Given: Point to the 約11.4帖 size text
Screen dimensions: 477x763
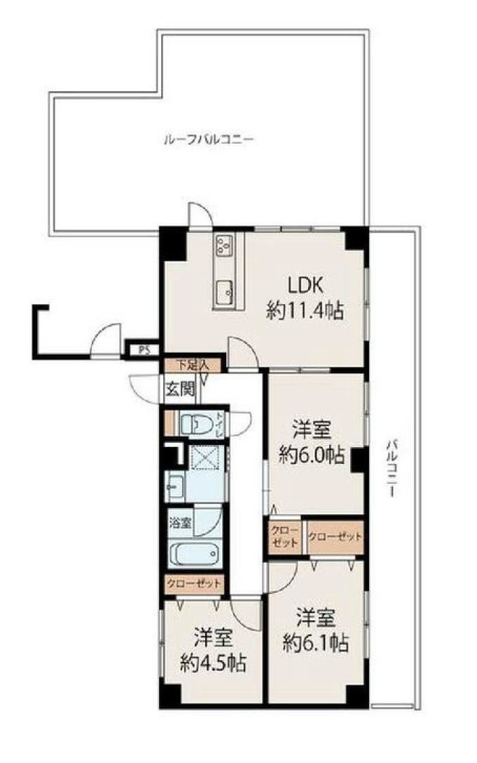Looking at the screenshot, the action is [305, 310].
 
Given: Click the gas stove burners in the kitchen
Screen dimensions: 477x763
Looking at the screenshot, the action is [224, 245].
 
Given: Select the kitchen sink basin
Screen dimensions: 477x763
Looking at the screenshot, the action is [224, 291].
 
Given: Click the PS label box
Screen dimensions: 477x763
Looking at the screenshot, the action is [142, 350].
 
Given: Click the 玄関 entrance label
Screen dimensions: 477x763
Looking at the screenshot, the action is [181, 389].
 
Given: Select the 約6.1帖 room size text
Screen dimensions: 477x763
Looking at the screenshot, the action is [316, 643].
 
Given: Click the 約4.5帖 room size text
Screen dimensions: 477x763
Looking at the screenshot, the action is [213, 663].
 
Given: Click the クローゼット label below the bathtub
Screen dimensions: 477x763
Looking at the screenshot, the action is [194, 583].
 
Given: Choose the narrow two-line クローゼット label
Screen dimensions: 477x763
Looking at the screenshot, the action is [285, 536].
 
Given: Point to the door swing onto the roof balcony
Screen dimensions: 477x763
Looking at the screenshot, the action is [200, 213].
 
